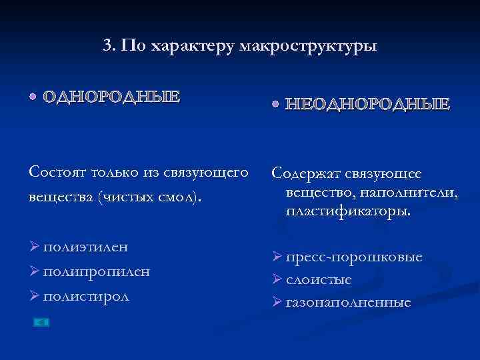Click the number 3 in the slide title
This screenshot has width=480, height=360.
108,46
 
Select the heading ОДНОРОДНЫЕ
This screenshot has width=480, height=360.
111,97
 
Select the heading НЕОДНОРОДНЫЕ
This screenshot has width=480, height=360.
367,105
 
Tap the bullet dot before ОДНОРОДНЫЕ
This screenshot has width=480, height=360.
33,97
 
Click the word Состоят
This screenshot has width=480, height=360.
53,172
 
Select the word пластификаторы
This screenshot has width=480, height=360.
349,212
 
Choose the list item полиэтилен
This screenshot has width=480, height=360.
85,247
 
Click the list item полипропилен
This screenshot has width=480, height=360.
96,271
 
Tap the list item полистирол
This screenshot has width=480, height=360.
87,295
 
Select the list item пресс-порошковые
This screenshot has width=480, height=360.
355,257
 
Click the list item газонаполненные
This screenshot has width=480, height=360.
349,302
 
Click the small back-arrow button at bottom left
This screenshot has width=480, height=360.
41,323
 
